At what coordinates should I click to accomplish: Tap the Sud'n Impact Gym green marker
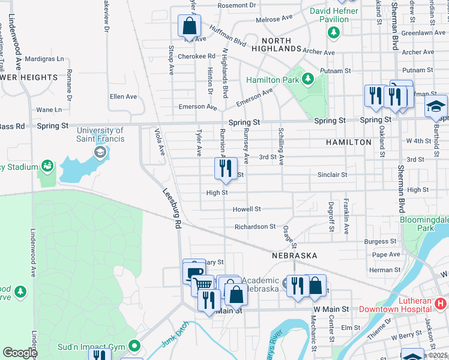[x=134, y=346]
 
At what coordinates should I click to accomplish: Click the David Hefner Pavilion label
[x=330, y=15]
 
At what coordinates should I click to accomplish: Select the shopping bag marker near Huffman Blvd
[x=189, y=27]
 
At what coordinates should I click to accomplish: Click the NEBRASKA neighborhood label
[x=294, y=256]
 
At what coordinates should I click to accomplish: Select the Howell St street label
[x=247, y=209]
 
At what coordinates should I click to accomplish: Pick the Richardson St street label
[x=255, y=227]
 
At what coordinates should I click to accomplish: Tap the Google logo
[x=19, y=353]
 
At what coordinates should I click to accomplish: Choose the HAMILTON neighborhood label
[x=349, y=142]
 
